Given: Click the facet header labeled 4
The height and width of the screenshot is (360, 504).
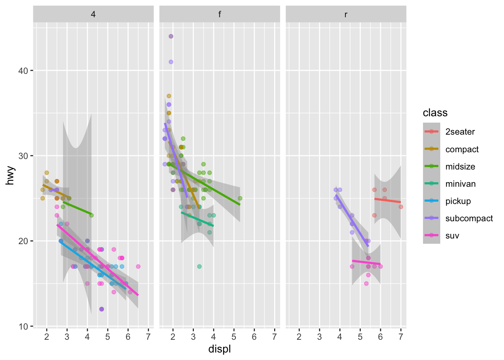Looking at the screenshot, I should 93,15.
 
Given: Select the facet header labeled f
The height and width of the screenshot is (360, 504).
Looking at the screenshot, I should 219,15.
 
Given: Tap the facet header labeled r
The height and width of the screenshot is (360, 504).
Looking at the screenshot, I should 346,15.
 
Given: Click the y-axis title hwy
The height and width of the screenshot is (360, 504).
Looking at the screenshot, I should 10,175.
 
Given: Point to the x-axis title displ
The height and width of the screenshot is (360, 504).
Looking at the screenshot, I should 219,349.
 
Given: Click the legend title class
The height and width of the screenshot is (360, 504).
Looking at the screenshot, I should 435,113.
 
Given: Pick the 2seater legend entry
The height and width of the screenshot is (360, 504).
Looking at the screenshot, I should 460,132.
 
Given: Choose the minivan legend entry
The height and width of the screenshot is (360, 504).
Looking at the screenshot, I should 460,184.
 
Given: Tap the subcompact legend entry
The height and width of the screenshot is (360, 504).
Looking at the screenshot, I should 469,218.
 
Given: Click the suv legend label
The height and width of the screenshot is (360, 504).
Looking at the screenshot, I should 452,235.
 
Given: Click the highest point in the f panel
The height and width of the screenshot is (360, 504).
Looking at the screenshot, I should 171,36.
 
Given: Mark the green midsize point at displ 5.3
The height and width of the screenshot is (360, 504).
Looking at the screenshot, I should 240,198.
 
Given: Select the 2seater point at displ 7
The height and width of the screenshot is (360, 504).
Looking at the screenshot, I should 401,207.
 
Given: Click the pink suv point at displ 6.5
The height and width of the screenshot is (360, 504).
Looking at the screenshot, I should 138,267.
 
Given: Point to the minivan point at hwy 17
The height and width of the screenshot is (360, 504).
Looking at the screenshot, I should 199,267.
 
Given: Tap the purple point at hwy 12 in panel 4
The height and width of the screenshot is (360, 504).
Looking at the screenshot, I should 102,309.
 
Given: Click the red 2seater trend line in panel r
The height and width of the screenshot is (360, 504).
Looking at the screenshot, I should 388,201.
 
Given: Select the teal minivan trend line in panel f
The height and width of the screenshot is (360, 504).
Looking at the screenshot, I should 197,219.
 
